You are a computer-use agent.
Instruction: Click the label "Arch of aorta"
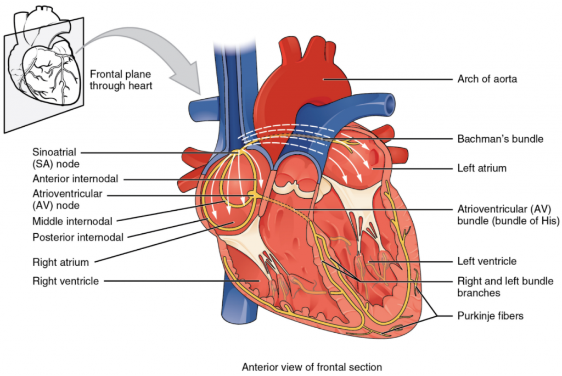(487, 79)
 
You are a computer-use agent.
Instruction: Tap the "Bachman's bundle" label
(500, 139)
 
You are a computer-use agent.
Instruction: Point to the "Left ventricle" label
(487, 261)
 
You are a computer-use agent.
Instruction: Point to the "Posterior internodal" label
(77, 237)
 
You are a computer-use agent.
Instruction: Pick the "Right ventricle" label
(65, 281)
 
